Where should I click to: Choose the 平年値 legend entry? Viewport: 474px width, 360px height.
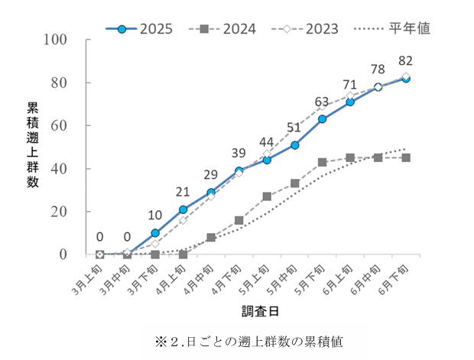tap(393, 29)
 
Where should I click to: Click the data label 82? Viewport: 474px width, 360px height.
tap(406, 60)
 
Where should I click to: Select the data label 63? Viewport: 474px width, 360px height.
tap(323, 102)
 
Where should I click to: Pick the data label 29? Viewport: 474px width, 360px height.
tap(211, 175)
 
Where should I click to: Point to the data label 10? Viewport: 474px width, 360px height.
tap(155, 216)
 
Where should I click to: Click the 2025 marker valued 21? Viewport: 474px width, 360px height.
tap(183, 209)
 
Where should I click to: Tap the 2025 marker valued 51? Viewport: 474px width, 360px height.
tap(295, 144)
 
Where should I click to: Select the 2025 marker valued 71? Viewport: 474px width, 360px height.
tap(350, 102)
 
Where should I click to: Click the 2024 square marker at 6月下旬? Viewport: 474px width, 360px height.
tap(406, 157)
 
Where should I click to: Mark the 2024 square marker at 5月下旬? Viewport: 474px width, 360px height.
tap(323, 162)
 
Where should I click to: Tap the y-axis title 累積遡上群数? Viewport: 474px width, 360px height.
tap(33, 144)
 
